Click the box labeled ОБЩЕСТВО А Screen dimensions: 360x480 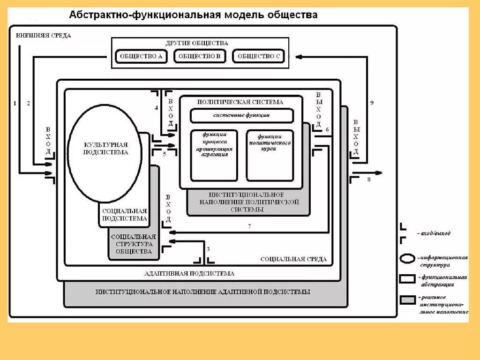141,57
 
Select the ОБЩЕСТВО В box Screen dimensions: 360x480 200,57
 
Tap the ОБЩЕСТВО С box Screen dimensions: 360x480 258,57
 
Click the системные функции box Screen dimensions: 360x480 241,115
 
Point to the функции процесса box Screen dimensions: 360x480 214,155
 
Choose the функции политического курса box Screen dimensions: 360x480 270,155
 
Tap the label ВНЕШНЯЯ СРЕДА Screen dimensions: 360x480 43,36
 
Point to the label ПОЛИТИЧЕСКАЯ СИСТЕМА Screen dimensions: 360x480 240,101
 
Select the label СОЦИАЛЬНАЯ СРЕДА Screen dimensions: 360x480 293,259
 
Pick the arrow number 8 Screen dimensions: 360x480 369,180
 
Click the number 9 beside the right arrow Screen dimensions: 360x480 372,103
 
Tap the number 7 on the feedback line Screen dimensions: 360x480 249,227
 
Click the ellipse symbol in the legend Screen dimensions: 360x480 408,259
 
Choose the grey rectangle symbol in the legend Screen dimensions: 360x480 408,300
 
